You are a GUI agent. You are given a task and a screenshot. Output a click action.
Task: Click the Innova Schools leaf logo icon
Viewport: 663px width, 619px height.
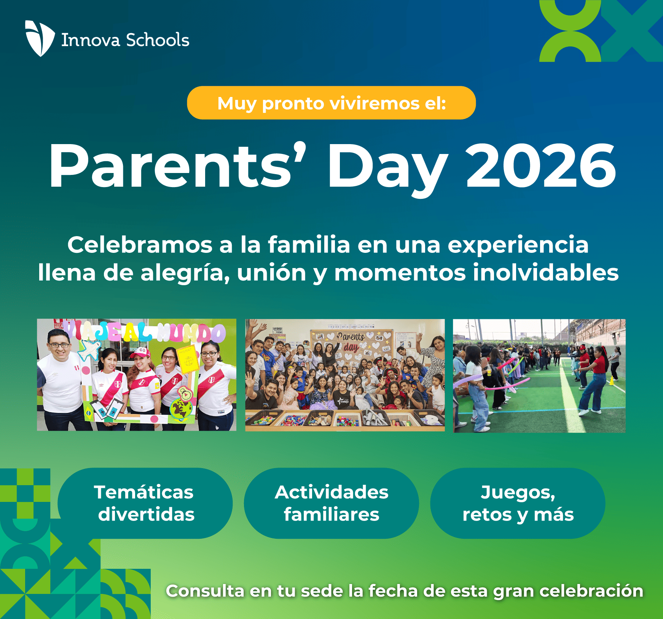point(40,38)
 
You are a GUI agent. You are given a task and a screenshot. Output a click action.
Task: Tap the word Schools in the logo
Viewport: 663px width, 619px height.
point(157,40)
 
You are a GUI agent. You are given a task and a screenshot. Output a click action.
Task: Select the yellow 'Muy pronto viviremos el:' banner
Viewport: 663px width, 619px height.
point(331,103)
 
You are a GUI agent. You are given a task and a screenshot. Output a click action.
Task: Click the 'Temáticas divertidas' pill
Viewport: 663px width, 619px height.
point(145,503)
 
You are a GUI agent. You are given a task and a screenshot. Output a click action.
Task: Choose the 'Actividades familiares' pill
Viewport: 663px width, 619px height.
point(331,503)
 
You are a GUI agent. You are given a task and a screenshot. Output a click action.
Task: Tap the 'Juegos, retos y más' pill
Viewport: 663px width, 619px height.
point(518,503)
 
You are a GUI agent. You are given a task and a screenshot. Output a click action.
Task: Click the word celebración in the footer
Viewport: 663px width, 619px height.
point(591,591)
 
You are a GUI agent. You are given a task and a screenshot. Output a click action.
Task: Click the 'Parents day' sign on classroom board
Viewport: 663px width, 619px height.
point(351,341)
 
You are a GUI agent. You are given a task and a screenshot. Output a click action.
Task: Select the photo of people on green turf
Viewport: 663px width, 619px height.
point(539,376)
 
